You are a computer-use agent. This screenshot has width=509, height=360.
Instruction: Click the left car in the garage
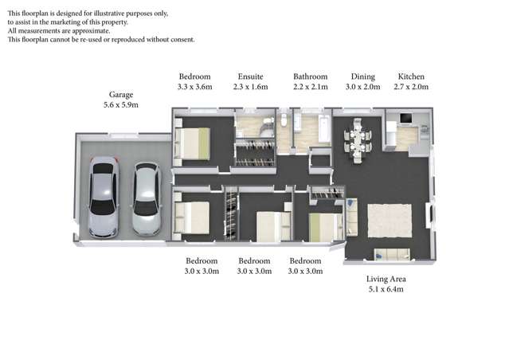(104, 197)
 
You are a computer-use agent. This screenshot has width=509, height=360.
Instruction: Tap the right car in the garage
(146, 199)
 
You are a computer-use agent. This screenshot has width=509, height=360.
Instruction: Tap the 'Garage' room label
(122, 93)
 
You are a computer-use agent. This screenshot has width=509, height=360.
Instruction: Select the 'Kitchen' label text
(412, 76)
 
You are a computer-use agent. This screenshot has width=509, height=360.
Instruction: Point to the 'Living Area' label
(386, 279)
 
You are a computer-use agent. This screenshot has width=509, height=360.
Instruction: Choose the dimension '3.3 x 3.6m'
(194, 87)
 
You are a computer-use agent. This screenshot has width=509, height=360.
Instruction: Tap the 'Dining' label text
(358, 76)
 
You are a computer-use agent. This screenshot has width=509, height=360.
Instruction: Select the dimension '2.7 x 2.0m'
(412, 87)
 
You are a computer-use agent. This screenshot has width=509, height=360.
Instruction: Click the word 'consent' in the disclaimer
(180, 39)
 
